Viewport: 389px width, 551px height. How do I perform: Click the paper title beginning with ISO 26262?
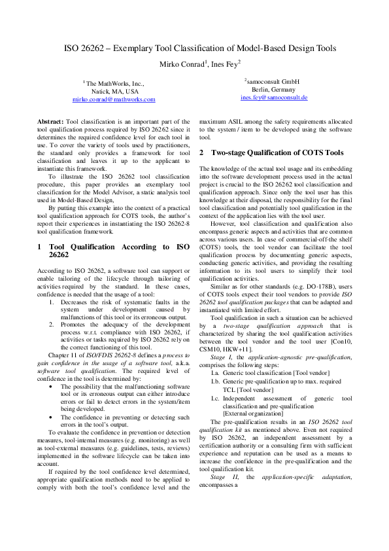200,48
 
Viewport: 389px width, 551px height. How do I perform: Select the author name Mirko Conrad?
183,63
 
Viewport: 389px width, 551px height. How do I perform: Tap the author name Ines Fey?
225,63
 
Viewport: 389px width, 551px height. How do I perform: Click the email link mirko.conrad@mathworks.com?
114,99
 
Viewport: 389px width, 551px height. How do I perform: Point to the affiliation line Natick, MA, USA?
114,92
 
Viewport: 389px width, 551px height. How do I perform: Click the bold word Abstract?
50,122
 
